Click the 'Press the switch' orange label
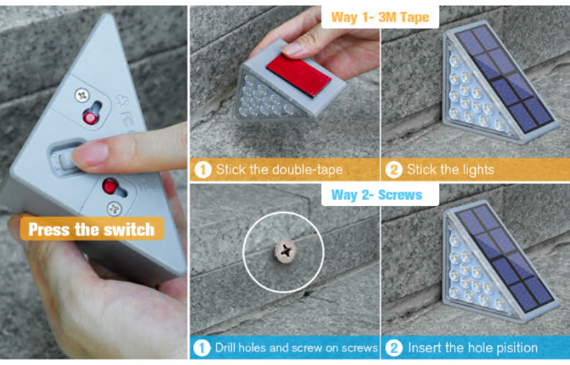pyautogui.click(x=92, y=229)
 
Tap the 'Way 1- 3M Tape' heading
pyautogui.click(x=380, y=17)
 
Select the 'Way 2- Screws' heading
pyautogui.click(x=377, y=195)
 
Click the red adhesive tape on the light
pyautogui.click(x=299, y=75)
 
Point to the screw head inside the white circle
pyautogui.click(x=286, y=251)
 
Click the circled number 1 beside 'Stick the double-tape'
pyautogui.click(x=203, y=170)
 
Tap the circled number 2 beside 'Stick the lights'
pyautogui.click(x=393, y=170)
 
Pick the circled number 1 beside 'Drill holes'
pyautogui.click(x=202, y=348)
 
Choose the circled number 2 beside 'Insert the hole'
pyautogui.click(x=393, y=348)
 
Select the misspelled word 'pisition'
pyautogui.click(x=517, y=348)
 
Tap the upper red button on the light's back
pyautogui.click(x=90, y=117)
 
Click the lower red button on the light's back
pyautogui.click(x=110, y=186)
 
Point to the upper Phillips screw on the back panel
pyautogui.click(x=83, y=96)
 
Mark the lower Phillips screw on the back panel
pyautogui.click(x=115, y=209)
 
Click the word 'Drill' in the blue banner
pyautogui.click(x=227, y=348)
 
